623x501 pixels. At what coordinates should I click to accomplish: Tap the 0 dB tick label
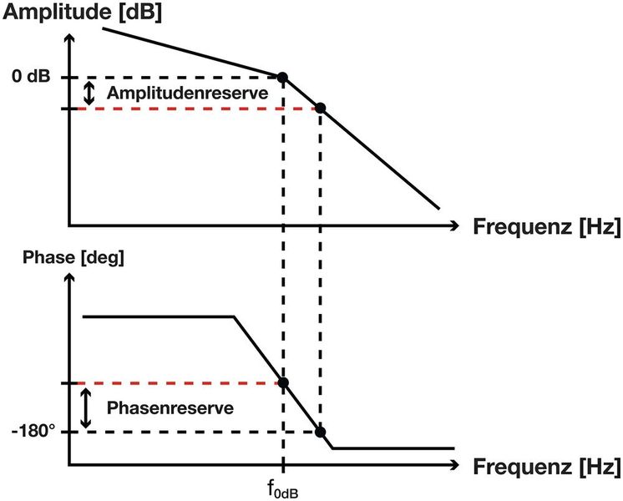31,77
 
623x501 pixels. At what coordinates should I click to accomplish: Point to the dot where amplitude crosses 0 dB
282,78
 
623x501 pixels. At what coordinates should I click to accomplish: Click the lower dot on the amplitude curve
321,109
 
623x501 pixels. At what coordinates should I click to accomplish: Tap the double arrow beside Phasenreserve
85,407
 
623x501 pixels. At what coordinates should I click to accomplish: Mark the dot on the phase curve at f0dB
282,383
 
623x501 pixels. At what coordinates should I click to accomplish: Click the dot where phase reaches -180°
321,432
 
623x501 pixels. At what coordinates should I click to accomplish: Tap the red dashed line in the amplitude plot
192,109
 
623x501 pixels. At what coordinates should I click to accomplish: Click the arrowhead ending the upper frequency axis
453,225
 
